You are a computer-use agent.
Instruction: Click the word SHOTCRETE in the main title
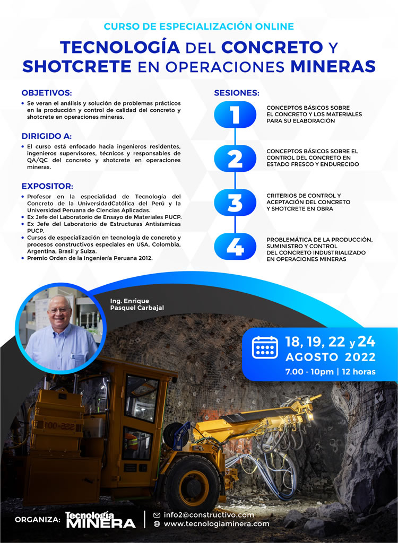[x=77, y=66]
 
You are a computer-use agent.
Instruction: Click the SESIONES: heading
[x=237, y=93]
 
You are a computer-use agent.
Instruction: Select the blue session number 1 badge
[x=235, y=114]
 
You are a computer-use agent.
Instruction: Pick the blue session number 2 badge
[x=235, y=158]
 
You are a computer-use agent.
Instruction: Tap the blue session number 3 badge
[x=235, y=202]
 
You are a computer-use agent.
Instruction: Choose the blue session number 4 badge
[x=235, y=246]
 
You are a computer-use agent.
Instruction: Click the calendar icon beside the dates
[x=265, y=347]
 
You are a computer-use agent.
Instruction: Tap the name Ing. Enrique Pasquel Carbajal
[x=137, y=304]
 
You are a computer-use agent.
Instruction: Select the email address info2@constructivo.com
[x=209, y=514]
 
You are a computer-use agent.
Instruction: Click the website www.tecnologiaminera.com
[x=217, y=524]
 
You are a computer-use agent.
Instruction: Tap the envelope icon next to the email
[x=157, y=515]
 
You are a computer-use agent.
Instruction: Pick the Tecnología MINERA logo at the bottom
[x=100, y=520]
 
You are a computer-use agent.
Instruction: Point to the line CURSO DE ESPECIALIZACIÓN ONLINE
[x=198, y=26]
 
